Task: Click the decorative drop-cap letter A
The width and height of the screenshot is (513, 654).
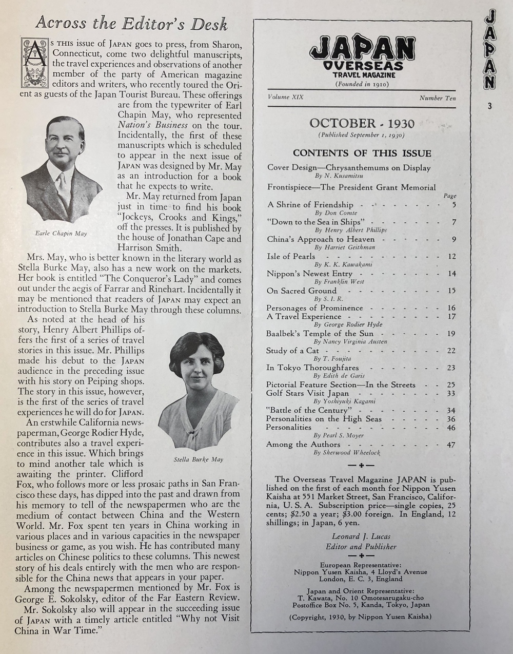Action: point(32,62)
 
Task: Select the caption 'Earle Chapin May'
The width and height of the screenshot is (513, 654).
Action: point(61,233)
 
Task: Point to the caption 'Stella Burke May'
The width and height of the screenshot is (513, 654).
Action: point(199,459)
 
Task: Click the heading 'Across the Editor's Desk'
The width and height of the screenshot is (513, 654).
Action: point(131,23)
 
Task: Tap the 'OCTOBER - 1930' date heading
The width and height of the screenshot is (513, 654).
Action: point(362,123)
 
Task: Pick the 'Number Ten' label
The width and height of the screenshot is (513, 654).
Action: point(437,98)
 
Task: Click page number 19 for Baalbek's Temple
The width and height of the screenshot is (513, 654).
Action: point(451,334)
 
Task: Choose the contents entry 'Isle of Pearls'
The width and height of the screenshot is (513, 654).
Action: point(286,256)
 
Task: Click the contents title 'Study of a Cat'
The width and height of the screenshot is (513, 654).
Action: point(292,351)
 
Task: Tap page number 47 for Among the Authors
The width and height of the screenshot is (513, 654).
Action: point(451,445)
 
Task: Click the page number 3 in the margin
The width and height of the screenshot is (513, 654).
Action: point(490,107)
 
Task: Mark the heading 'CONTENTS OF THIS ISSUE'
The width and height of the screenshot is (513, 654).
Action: point(362,153)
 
